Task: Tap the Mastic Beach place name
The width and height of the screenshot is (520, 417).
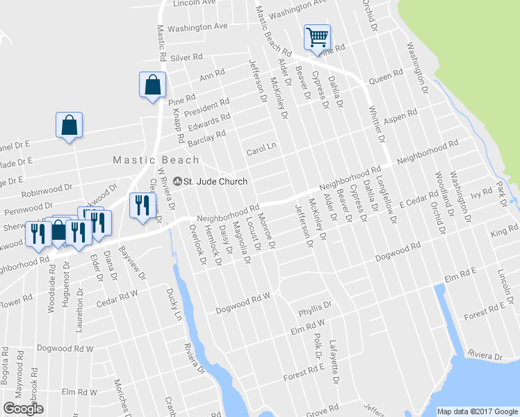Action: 156,160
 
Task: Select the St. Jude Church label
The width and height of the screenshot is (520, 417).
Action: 215,181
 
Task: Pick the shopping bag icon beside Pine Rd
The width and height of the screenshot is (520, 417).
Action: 152,85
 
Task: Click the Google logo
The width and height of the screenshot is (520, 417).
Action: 23,409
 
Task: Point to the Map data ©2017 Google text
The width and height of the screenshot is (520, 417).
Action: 477,411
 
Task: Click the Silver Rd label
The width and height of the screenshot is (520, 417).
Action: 186,58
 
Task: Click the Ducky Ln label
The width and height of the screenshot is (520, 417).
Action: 173,305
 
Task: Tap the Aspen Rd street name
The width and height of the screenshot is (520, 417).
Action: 400,115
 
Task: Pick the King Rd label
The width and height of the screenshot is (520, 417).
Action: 499,231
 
